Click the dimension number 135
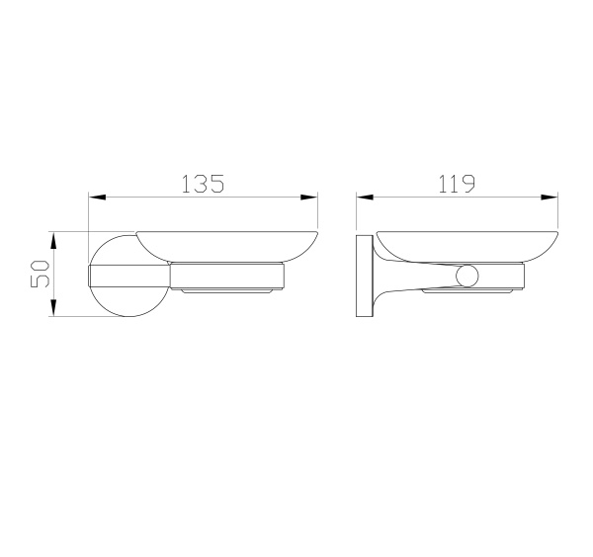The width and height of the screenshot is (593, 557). pyautogui.click(x=204, y=184)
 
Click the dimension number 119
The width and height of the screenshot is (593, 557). pyautogui.click(x=457, y=184)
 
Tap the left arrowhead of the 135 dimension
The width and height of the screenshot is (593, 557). pyautogui.click(x=95, y=198)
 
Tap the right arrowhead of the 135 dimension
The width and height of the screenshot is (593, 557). pyautogui.click(x=313, y=198)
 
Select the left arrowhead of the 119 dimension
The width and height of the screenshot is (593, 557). pyautogui.click(x=363, y=198)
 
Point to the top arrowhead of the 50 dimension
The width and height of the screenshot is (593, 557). pyautogui.click(x=54, y=237)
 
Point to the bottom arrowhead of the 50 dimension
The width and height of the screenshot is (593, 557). pyautogui.click(x=54, y=312)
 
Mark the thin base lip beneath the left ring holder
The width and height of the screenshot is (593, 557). pyautogui.click(x=227, y=293)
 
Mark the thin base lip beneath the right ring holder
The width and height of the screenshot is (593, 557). pyautogui.click(x=469, y=293)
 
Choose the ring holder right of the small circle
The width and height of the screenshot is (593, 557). pyautogui.click(x=509, y=277)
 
